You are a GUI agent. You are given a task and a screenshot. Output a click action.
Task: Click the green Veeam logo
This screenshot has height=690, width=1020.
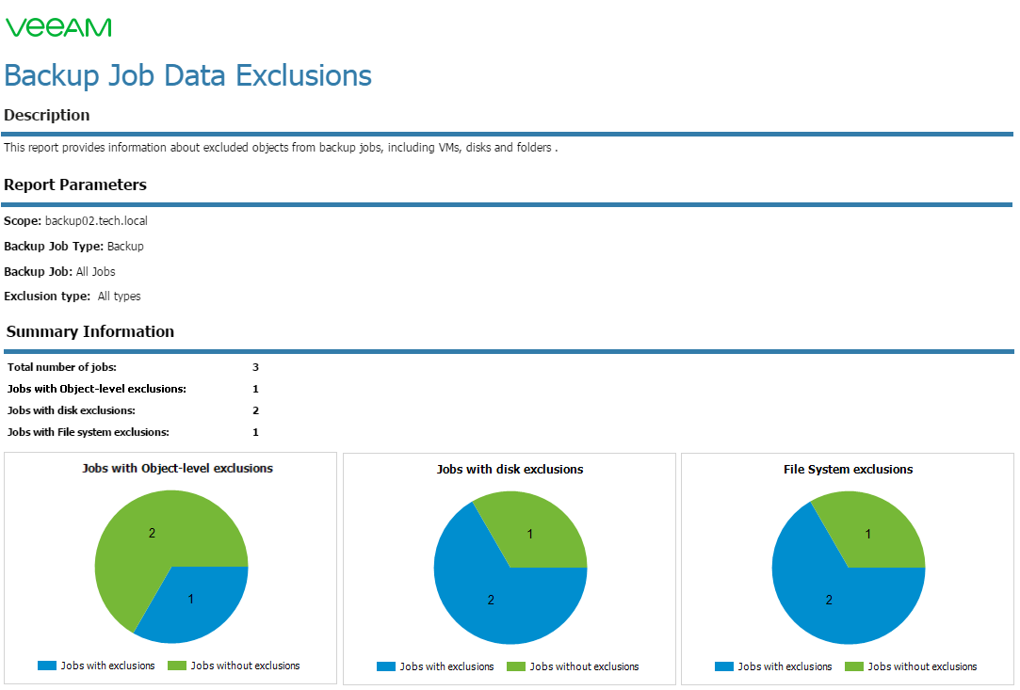pos(58,27)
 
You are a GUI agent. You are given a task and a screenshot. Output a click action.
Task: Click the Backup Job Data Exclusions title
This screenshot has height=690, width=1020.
pos(187,75)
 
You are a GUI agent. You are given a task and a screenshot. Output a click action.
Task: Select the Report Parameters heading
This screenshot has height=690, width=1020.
pos(74,185)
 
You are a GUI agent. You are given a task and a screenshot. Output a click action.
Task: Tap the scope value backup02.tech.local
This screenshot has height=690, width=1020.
pos(96,221)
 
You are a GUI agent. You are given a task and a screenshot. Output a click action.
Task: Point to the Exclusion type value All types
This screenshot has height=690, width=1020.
pos(119,297)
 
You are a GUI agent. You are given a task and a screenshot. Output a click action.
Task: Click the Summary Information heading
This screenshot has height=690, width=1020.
pos(89,331)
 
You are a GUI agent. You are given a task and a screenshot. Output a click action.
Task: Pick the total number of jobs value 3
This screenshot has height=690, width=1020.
pos(255,367)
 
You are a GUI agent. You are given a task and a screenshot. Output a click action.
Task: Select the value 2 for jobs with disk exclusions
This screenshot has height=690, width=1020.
pos(255,411)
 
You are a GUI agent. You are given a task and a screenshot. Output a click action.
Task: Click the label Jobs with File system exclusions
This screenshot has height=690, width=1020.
pos(88,432)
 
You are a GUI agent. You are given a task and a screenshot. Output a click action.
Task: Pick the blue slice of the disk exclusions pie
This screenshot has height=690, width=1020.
pos(494,595)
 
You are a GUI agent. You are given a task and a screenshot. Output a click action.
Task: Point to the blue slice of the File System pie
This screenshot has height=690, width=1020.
pos(833,595)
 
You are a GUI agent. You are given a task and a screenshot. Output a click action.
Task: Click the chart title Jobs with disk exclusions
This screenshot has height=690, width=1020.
pos(510,470)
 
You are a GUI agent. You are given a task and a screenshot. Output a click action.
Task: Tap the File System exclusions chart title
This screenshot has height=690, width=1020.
pos(849,470)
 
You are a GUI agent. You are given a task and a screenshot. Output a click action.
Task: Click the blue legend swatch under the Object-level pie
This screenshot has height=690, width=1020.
pos(47,666)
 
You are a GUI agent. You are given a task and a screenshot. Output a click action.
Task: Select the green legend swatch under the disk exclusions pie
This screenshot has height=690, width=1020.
pos(516,666)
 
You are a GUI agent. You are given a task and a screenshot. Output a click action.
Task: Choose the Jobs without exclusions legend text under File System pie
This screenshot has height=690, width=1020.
pos(922,666)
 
